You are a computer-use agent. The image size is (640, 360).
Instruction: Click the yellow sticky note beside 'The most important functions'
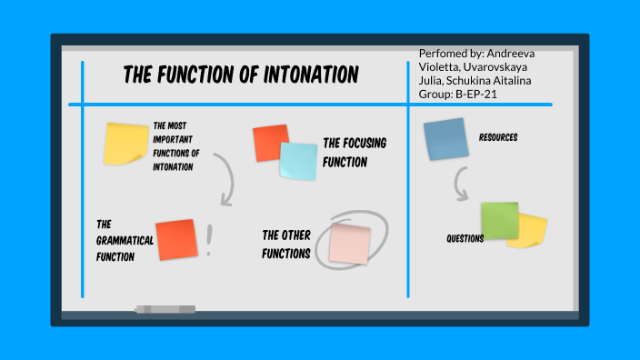pos(125,144)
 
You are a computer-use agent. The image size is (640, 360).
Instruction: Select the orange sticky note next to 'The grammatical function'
pos(176,240)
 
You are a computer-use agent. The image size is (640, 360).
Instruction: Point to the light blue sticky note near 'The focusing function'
pos(298,160)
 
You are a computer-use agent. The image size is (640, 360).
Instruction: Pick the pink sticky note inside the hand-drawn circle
pos(350,244)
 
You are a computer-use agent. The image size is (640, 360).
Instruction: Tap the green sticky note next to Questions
pos(499,220)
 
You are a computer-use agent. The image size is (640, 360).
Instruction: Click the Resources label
pos(498,137)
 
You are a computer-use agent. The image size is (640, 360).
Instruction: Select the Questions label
pos(465,239)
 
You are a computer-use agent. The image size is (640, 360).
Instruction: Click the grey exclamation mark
pos(210,241)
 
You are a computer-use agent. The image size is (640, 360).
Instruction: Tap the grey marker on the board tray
pos(165,310)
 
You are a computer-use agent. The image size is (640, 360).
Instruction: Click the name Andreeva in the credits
pos(510,54)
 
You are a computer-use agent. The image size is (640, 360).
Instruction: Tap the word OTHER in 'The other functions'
pos(299,235)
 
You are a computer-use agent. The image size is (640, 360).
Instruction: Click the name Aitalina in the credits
pos(502,81)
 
